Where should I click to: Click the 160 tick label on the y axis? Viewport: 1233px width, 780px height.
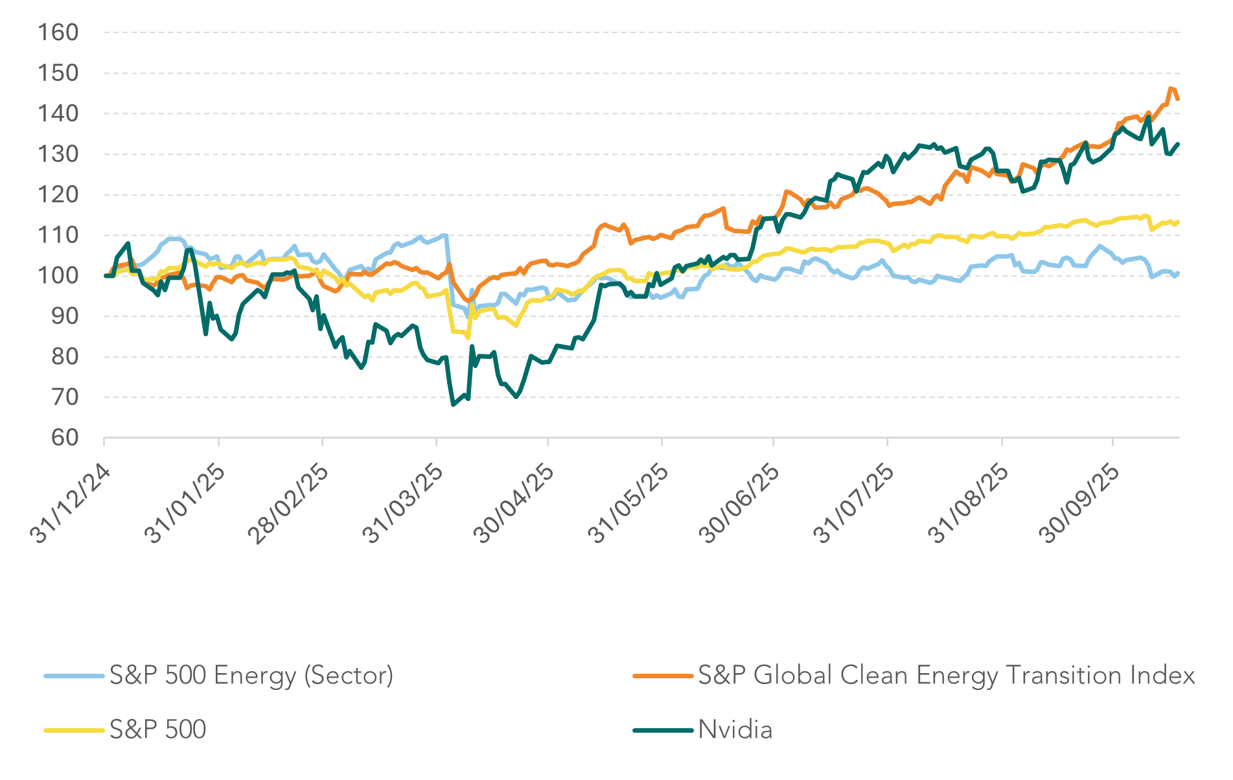pyautogui.click(x=58, y=32)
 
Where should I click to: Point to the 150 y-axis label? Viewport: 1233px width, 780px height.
pyautogui.click(x=58, y=73)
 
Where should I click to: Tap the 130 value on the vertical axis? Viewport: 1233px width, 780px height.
pyautogui.click(x=58, y=154)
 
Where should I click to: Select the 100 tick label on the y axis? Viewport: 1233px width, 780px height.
pyautogui.click(x=58, y=276)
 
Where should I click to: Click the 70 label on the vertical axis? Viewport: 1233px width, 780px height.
pyautogui.click(x=64, y=397)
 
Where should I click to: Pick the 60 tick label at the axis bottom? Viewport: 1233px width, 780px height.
pyautogui.click(x=64, y=438)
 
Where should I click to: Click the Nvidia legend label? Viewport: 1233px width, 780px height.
pyautogui.click(x=735, y=730)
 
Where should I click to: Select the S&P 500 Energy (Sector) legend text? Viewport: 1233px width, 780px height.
pyautogui.click(x=251, y=676)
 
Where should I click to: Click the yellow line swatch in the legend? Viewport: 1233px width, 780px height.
pyautogui.click(x=74, y=730)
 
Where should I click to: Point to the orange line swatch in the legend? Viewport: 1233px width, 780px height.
pyautogui.click(x=662, y=676)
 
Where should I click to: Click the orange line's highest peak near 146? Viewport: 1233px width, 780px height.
pyautogui.click(x=1171, y=87)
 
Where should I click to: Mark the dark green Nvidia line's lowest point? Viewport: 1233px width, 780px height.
pyautogui.click(x=453, y=405)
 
